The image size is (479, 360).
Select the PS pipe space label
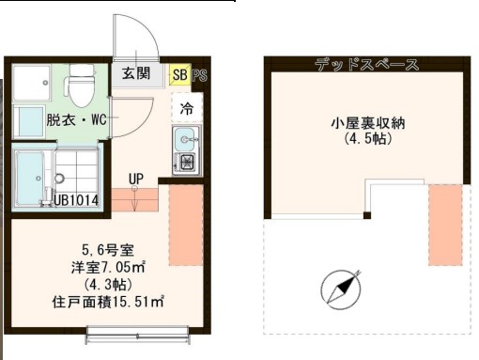(198, 73)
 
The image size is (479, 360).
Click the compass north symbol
(341, 289)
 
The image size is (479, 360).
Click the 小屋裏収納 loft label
(366, 123)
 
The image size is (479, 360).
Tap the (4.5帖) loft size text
(366, 140)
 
